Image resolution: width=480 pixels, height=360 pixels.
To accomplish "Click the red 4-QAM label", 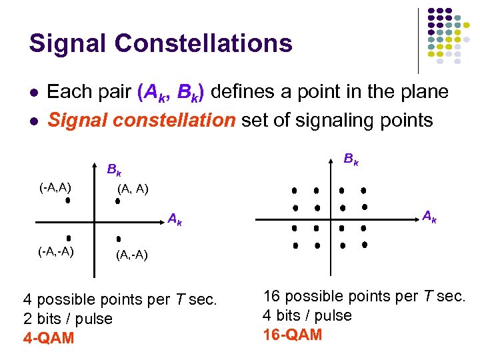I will pyautogui.click(x=49, y=338).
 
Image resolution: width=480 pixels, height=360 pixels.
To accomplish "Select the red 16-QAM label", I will pyautogui.click(x=293, y=334).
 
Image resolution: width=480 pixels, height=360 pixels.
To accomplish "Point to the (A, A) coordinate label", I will pyautogui.click(x=133, y=189).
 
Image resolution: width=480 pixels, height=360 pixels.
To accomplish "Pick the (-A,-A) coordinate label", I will pyautogui.click(x=55, y=251).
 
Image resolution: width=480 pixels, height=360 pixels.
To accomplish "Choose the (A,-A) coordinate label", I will pyautogui.click(x=131, y=255).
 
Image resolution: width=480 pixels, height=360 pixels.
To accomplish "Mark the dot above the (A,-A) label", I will pyautogui.click(x=118, y=238).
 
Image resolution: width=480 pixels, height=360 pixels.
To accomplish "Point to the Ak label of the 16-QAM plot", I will pyautogui.click(x=430, y=215).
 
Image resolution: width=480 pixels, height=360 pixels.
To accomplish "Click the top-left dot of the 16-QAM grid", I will pyautogui.click(x=294, y=191).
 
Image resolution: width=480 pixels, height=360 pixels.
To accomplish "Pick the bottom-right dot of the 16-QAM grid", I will pyautogui.click(x=365, y=245).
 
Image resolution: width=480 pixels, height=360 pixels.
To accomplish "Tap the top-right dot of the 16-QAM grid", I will pyautogui.click(x=364, y=191).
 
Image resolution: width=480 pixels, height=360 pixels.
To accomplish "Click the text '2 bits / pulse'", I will pyautogui.click(x=68, y=319).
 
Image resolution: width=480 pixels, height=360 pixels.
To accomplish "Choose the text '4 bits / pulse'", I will pyautogui.click(x=307, y=315).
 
